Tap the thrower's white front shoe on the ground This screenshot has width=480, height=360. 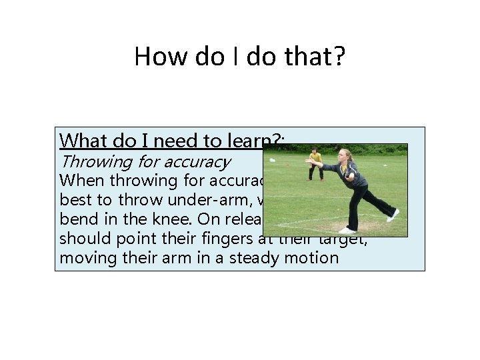[347, 230]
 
